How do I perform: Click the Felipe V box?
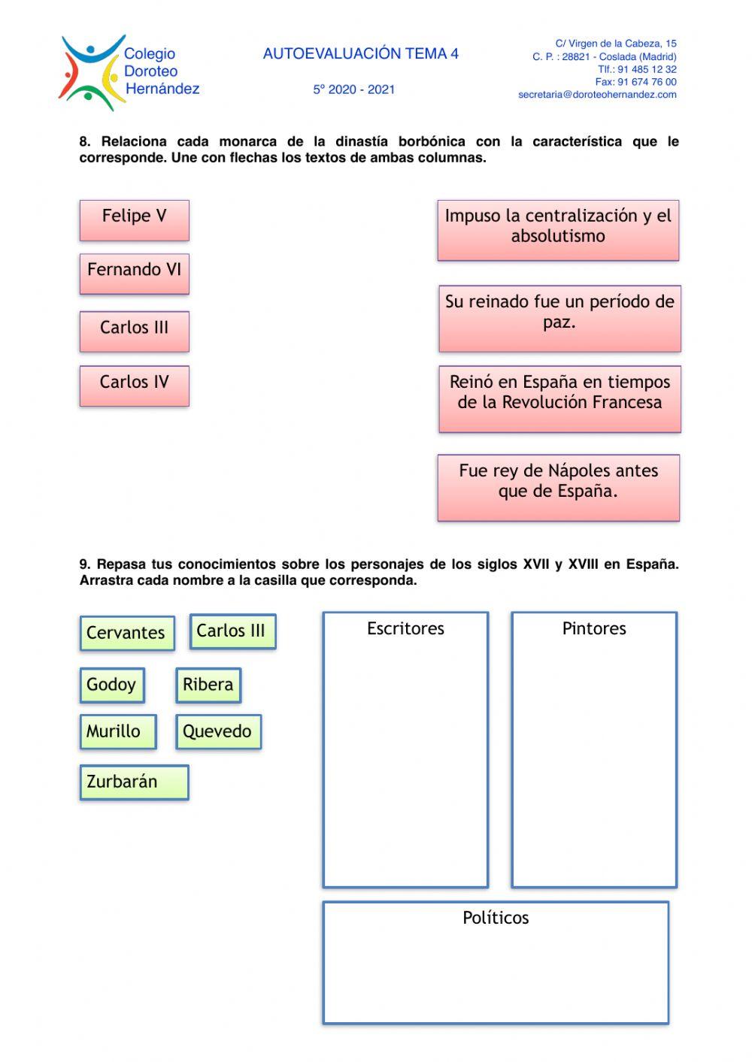click(x=134, y=219)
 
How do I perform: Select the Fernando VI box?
click(x=134, y=273)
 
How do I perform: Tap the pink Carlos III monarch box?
click(x=134, y=331)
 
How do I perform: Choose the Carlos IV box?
click(x=134, y=385)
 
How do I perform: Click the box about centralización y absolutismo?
click(x=558, y=229)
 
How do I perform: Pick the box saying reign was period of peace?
click(x=559, y=317)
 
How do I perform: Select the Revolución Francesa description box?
click(x=559, y=398)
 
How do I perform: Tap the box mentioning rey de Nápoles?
click(x=558, y=486)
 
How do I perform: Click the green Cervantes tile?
click(x=126, y=633)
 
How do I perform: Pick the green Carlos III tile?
click(x=232, y=631)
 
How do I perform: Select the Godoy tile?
click(x=111, y=685)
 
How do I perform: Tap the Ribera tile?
click(x=208, y=685)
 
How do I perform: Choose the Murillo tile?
click(x=117, y=731)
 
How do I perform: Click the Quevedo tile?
click(x=218, y=731)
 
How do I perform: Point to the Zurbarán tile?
click(x=134, y=782)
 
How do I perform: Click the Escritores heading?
click(x=405, y=628)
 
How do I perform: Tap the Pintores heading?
click(x=594, y=628)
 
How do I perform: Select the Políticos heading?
click(x=496, y=918)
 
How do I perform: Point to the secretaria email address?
click(x=597, y=95)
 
